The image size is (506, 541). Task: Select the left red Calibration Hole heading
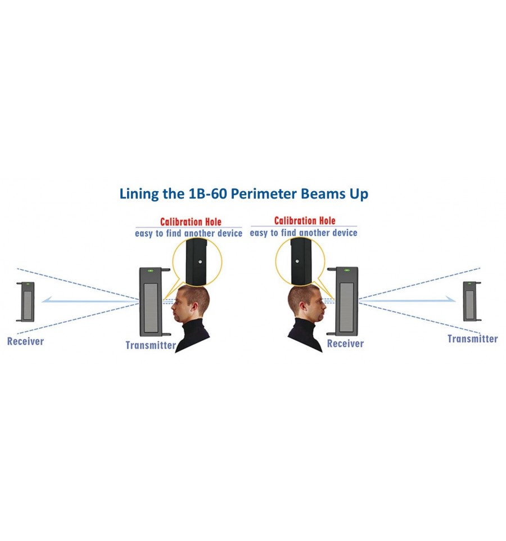click(191, 222)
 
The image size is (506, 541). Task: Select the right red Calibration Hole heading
click(305, 220)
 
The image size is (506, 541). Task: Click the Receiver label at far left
click(25, 341)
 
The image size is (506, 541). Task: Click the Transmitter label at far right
click(472, 339)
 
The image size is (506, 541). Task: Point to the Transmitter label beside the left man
click(151, 345)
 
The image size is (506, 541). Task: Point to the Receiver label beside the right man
click(345, 344)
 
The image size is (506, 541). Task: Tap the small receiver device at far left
click(25, 302)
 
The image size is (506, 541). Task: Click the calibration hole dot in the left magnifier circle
click(200, 262)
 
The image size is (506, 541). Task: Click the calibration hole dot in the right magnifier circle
click(297, 261)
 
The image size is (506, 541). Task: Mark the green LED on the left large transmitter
click(150, 271)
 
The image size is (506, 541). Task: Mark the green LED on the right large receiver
click(347, 270)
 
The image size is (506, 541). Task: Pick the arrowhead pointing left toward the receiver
click(47, 300)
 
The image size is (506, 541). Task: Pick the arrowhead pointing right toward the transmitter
click(450, 299)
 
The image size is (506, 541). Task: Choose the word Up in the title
click(359, 194)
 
